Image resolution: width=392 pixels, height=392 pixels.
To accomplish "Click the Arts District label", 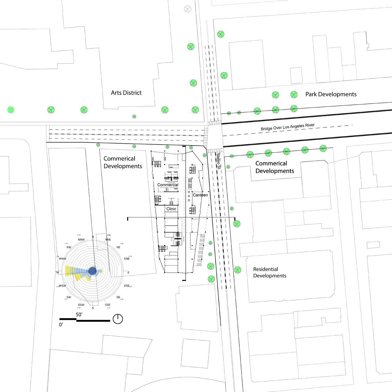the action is pyautogui.click(x=126, y=93).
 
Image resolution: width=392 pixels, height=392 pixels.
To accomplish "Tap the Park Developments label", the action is pyautogui.click(x=331, y=94).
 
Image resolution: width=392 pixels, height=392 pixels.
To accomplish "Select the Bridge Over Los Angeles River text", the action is pyautogui.click(x=287, y=127).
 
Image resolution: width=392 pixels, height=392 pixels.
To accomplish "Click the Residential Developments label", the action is pyautogui.click(x=270, y=272).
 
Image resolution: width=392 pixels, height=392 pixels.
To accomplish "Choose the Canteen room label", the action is pyautogui.click(x=200, y=195).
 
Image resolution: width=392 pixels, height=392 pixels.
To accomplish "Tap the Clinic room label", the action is pyautogui.click(x=171, y=209).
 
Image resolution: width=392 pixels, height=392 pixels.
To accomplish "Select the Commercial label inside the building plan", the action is pyautogui.click(x=168, y=185).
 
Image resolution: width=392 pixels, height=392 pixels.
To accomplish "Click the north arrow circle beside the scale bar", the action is pyautogui.click(x=118, y=319).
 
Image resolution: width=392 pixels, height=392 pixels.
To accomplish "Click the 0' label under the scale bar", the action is pyautogui.click(x=61, y=325).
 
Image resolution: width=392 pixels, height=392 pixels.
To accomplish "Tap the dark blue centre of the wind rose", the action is pyautogui.click(x=92, y=271).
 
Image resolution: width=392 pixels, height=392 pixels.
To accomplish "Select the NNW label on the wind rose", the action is pyautogui.click(x=81, y=240).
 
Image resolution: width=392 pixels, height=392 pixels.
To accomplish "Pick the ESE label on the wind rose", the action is pyautogui.click(x=127, y=286).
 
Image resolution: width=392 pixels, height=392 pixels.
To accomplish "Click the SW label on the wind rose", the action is pyautogui.click(x=69, y=297).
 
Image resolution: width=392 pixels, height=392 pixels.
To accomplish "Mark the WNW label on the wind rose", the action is pyautogui.click(x=62, y=259).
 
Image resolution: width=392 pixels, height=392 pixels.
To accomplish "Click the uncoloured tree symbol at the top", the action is pyautogui.click(x=188, y=9).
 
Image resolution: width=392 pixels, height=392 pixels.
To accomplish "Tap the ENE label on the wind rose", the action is pyautogui.click(x=127, y=259).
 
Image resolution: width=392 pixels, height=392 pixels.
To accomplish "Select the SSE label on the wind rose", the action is pyautogui.click(x=107, y=305).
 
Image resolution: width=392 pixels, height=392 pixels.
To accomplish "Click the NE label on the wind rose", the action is pyautogui.click(x=118, y=247).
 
